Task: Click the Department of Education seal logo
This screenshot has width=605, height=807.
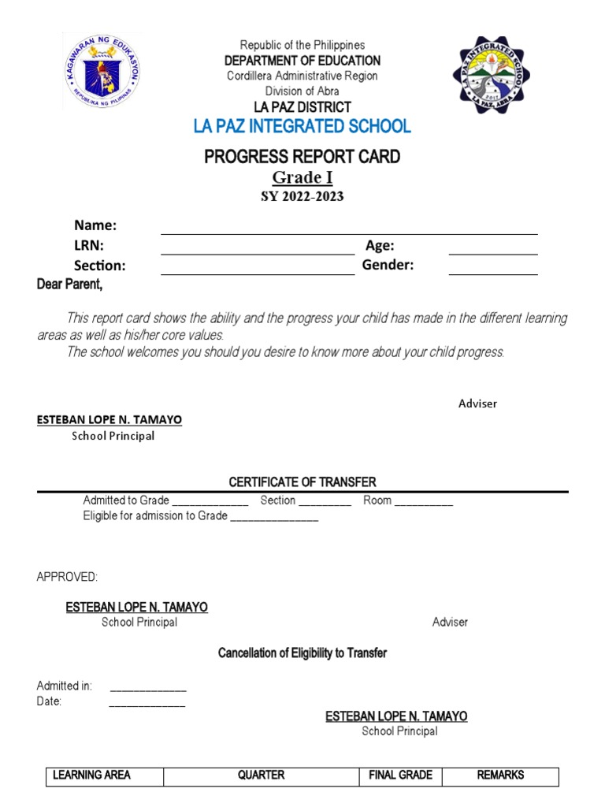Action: pos(102,73)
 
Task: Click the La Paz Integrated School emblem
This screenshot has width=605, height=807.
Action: pos(497,75)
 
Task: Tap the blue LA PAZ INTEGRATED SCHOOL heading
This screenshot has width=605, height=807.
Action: pos(302,126)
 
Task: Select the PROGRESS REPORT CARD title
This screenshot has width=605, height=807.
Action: pos(302,156)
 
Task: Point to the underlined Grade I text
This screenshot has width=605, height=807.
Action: pos(302,177)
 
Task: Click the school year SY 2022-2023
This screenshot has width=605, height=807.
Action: pos(302,196)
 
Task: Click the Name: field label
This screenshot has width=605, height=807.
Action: pos(95,225)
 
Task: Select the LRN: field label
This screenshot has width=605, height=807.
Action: pos(89,246)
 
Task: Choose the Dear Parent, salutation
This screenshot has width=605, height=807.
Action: pos(70,284)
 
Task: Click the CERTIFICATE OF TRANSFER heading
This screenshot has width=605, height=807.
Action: pos(302,482)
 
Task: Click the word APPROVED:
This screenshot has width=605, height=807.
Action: pos(67,578)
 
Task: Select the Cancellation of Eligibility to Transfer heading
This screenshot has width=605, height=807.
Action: pos(302,653)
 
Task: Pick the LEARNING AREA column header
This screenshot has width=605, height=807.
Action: pos(91,775)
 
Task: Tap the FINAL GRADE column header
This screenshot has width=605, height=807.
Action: pos(400,775)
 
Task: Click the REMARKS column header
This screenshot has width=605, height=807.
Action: pos(500,775)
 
